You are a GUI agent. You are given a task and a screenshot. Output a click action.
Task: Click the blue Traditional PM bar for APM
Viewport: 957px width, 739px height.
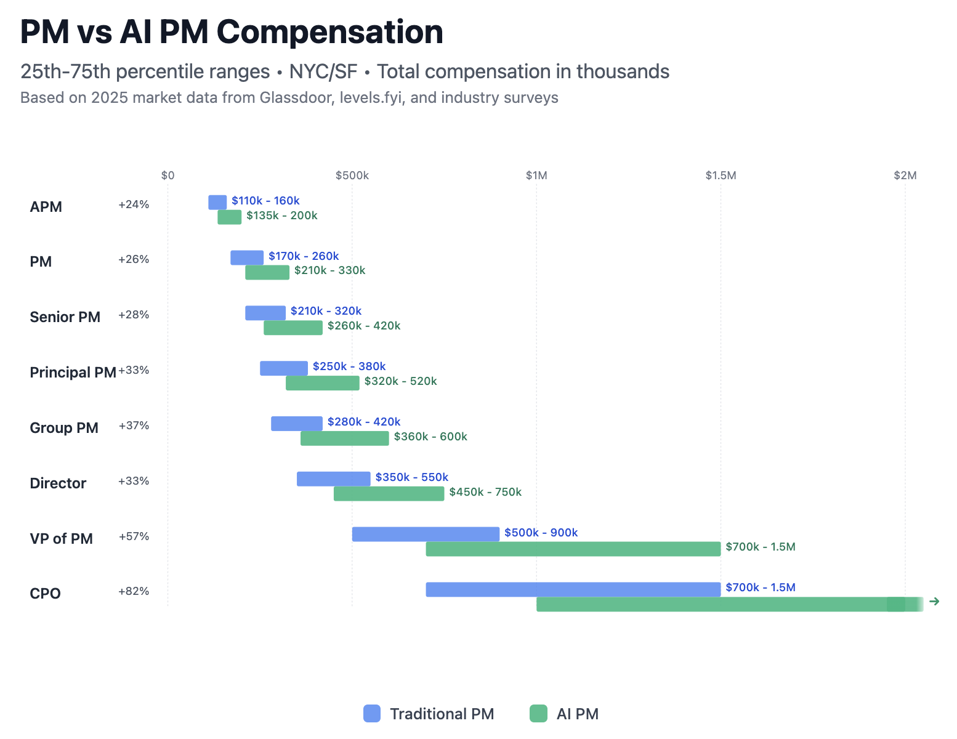[x=217, y=202]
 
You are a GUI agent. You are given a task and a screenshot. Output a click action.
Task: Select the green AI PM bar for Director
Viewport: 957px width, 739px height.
[x=389, y=494]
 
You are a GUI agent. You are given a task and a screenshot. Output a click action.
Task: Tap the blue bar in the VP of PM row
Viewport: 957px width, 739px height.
[x=426, y=534]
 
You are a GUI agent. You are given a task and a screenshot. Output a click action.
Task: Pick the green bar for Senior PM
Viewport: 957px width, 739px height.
[x=293, y=328]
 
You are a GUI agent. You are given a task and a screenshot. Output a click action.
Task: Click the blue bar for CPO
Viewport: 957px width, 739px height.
[x=573, y=590]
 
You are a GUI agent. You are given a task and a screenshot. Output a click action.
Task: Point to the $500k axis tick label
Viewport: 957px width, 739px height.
[x=352, y=176]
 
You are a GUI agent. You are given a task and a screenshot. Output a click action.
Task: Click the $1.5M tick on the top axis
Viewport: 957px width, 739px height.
[x=721, y=176]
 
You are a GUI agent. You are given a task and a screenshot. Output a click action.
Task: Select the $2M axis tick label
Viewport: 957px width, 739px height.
[x=905, y=176]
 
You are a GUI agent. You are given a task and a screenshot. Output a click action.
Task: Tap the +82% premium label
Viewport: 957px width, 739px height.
[x=134, y=591]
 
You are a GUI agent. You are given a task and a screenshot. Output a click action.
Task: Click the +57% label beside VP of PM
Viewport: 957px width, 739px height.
[x=134, y=536]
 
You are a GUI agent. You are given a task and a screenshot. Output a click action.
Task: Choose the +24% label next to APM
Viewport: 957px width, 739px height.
[x=134, y=204]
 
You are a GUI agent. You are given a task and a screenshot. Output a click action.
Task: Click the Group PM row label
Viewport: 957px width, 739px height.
[x=64, y=427]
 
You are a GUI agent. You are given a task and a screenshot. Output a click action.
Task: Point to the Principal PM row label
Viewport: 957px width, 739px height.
[x=73, y=372]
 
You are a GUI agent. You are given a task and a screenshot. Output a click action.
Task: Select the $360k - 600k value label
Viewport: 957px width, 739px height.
[x=430, y=437]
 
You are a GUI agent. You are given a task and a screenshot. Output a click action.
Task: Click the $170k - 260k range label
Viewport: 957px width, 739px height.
[x=304, y=256]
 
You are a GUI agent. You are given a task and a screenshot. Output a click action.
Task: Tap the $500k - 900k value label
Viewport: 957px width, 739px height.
[x=541, y=533]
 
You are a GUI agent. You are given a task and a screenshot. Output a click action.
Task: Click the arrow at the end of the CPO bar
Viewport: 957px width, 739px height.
[x=935, y=601]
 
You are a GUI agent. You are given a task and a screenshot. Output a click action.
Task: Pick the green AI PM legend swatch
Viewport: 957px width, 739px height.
[x=539, y=714]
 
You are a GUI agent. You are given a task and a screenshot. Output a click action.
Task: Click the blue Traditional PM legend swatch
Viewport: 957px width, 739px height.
[x=372, y=714]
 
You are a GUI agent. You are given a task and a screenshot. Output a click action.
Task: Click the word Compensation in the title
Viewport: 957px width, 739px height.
[x=330, y=32]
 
